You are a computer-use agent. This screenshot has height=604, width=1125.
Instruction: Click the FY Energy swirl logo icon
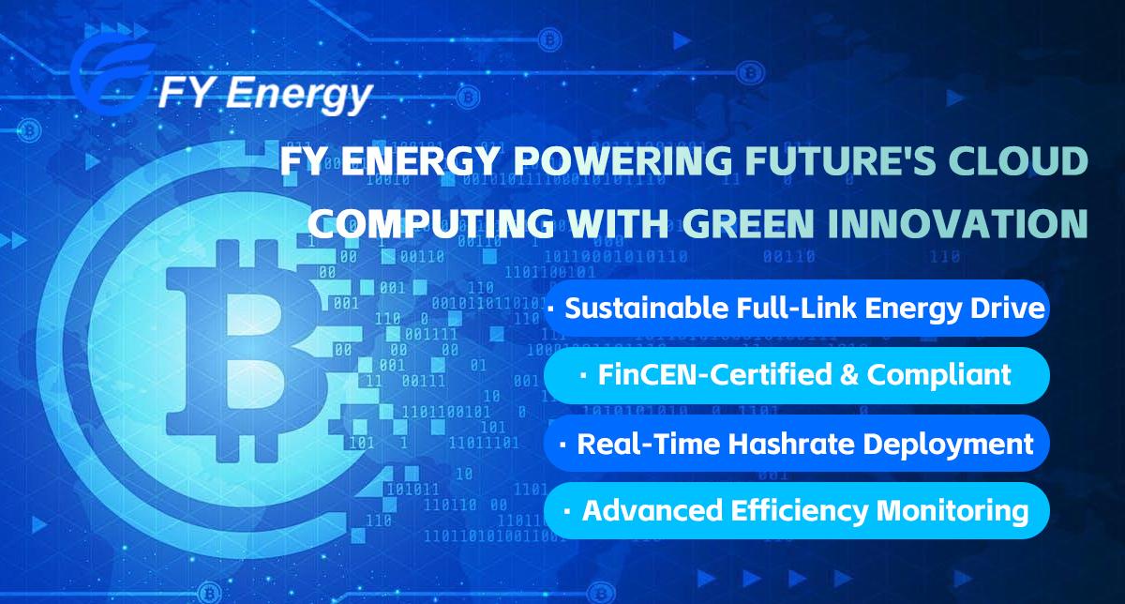[x=112, y=75]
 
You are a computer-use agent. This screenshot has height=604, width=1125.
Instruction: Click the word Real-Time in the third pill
[x=649, y=444]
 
